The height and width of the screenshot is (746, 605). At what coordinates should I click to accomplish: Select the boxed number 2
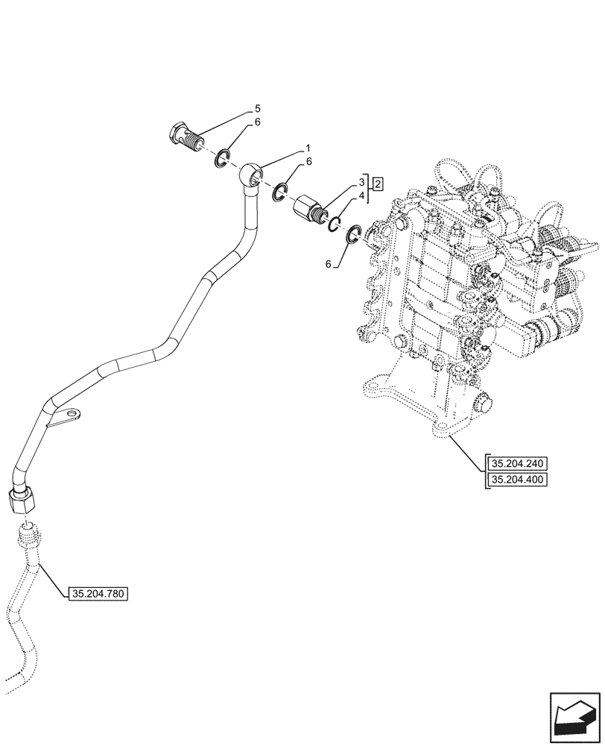pos(378,184)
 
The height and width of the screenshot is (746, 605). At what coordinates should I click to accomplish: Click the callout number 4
pos(361,195)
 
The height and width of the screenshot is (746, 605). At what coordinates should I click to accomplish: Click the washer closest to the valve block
pos(355,234)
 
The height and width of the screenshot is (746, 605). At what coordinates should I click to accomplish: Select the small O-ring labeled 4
pos(335,223)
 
